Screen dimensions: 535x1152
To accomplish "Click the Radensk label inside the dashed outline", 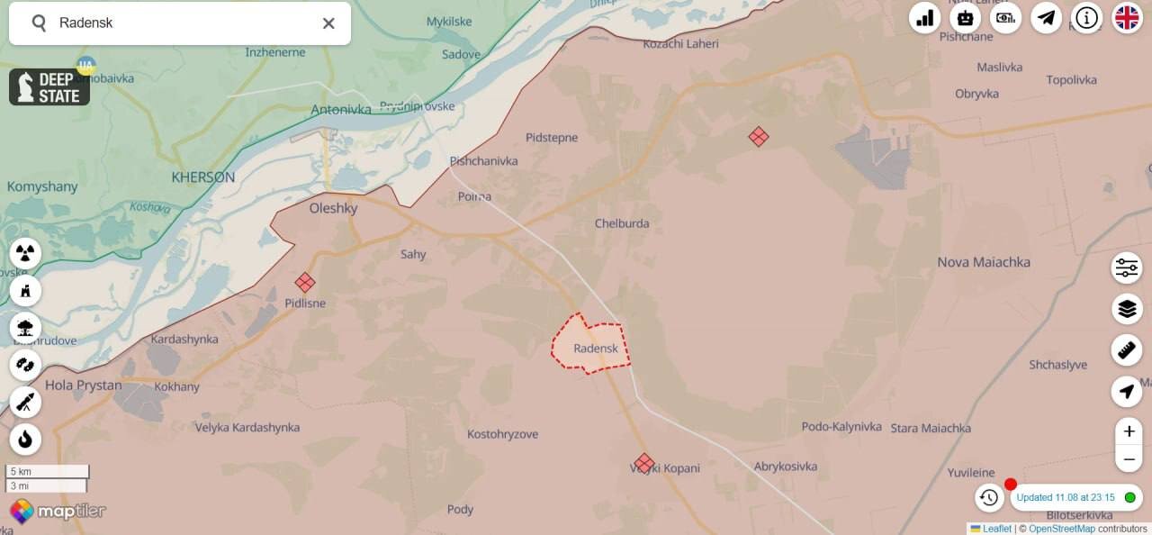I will [596, 349].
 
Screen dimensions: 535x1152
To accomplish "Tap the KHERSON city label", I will [202, 177].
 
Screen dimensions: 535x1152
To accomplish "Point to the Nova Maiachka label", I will [984, 262].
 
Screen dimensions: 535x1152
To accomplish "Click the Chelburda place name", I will [622, 223].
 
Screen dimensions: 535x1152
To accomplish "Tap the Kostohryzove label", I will [502, 434].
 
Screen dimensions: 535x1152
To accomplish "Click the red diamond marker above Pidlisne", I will [305, 283].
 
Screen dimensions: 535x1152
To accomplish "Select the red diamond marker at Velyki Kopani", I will [643, 463].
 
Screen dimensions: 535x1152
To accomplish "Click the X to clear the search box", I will [328, 23].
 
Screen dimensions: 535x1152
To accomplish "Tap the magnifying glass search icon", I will [39, 23].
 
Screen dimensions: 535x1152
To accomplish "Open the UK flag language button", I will [1127, 17].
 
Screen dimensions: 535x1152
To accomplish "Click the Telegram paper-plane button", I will [1046, 17].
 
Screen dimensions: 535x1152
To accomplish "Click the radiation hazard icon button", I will [25, 252].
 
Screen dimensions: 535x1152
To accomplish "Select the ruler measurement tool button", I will [1127, 350].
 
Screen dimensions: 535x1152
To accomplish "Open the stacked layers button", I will [1127, 309].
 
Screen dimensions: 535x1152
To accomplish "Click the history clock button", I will [989, 497].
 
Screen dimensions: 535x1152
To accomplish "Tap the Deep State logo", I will [49, 87].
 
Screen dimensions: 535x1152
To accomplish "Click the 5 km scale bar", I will [48, 471].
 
